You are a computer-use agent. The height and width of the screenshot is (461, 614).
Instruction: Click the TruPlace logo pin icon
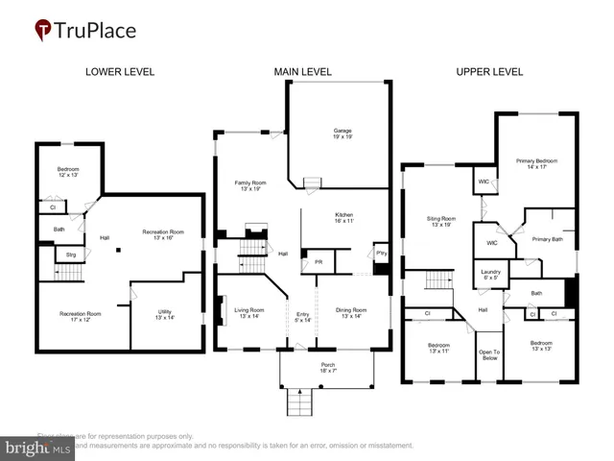point(44,30)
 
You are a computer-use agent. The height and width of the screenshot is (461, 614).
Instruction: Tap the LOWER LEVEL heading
point(120,72)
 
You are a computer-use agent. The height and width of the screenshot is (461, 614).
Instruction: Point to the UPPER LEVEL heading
point(489,72)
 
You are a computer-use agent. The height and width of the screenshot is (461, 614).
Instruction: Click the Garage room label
point(342,133)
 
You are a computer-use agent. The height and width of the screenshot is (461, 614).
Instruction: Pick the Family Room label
point(250,185)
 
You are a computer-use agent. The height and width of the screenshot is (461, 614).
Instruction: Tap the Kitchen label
point(344,217)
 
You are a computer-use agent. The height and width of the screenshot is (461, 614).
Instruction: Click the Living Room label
point(250,313)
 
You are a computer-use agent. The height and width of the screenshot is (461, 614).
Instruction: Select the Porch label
point(328,368)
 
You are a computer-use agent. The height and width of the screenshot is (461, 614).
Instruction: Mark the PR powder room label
point(318,261)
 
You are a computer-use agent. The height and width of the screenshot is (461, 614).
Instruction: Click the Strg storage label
point(71,255)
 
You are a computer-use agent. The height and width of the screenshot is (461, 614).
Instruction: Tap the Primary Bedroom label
point(536,163)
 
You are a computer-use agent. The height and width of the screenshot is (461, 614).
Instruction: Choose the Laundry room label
point(490,276)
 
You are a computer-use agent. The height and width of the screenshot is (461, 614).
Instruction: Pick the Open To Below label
point(489,354)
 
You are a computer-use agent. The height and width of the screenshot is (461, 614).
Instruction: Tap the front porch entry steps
point(300,401)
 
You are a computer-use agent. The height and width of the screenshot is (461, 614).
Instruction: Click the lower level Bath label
point(59,229)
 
